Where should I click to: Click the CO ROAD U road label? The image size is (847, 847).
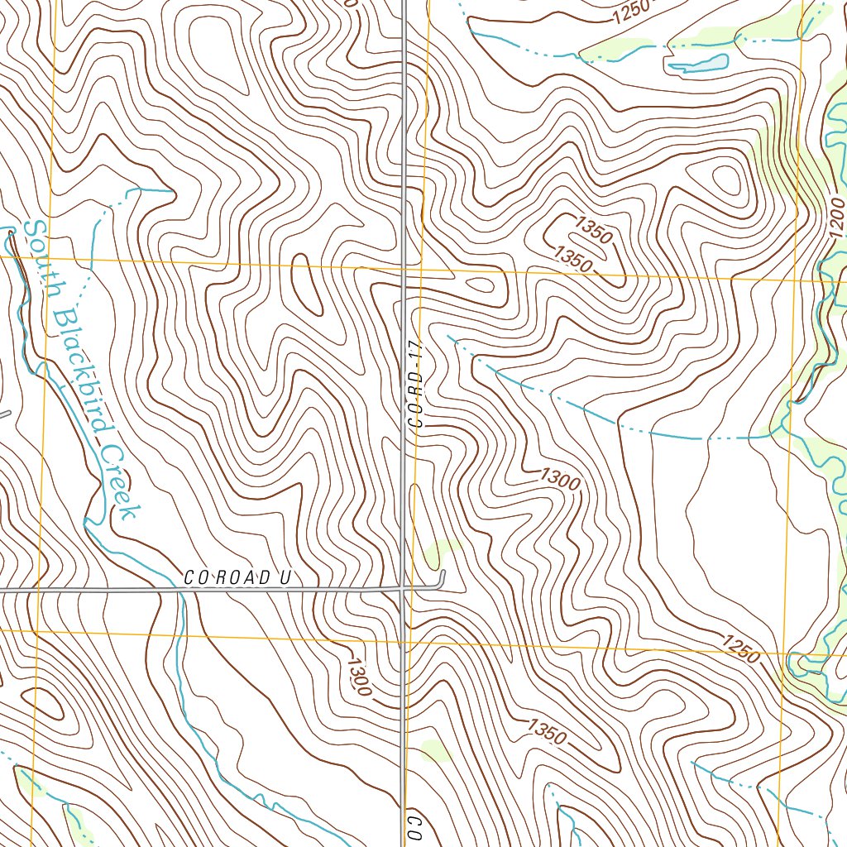[237, 577]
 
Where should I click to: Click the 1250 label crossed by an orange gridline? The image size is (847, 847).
[740, 649]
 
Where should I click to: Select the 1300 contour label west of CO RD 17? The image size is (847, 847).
[360, 675]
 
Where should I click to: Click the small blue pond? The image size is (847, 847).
[697, 64]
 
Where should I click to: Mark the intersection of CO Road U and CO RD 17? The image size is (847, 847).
[403, 589]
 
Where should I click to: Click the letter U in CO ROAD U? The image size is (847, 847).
[284, 577]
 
